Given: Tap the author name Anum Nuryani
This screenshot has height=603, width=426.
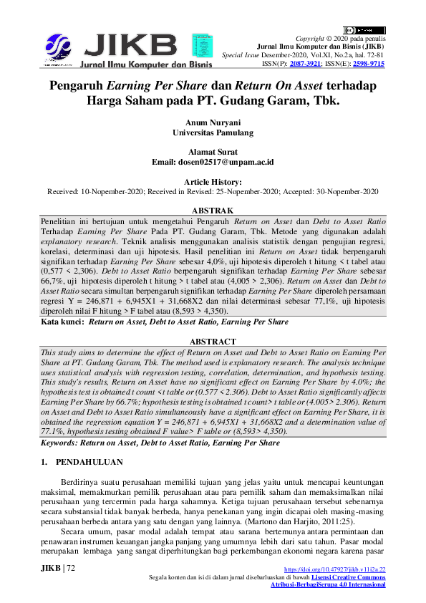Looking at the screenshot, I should pos(213,122).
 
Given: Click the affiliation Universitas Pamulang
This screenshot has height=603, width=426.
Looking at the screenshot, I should pos(213,132).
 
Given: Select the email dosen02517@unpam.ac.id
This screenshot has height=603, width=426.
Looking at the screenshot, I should pos(231,163).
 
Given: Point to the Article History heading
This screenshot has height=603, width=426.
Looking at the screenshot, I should pos(213,183).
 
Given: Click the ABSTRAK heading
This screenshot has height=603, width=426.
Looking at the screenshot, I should pos(213,211).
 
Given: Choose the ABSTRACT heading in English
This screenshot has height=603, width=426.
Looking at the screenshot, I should pos(213,342).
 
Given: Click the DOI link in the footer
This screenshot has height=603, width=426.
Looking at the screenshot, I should pos(335,569).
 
